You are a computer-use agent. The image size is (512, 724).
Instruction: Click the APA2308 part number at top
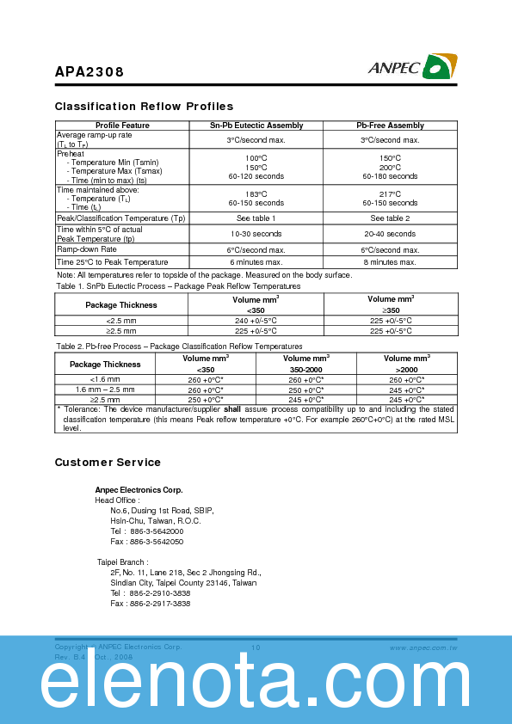point(89,73)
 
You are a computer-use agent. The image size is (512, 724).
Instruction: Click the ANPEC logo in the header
point(413,67)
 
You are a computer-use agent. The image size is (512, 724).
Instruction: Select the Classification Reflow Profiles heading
point(144,107)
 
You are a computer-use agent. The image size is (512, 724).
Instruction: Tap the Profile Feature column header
point(122,126)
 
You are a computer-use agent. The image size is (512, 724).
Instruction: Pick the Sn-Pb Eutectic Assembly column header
point(256,126)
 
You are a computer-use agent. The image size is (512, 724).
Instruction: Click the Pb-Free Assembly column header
point(390,126)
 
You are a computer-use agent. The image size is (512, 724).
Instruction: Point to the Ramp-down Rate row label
point(87,248)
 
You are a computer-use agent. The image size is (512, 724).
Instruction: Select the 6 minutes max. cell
point(256,262)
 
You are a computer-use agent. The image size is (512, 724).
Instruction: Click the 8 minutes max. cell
point(390,262)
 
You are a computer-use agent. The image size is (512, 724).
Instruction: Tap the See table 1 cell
point(256,218)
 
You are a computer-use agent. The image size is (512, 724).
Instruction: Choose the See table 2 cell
point(390,218)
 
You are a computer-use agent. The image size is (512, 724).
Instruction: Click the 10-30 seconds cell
point(256,234)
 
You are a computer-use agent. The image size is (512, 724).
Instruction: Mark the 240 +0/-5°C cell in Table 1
point(256,320)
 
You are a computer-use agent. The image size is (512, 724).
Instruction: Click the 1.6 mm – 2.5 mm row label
point(106,390)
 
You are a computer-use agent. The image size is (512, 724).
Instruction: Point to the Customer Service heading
point(108,463)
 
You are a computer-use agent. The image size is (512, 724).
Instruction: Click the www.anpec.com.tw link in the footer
point(423,647)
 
